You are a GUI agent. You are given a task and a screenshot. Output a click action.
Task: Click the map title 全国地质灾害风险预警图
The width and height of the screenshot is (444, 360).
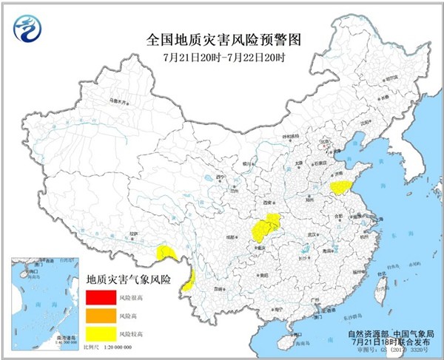pos(221,38)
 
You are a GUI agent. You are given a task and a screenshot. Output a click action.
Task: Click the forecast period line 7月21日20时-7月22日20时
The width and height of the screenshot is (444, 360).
pos(221,58)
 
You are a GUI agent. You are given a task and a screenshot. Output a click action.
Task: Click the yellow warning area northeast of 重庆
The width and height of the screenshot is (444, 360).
pos(266,225)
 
